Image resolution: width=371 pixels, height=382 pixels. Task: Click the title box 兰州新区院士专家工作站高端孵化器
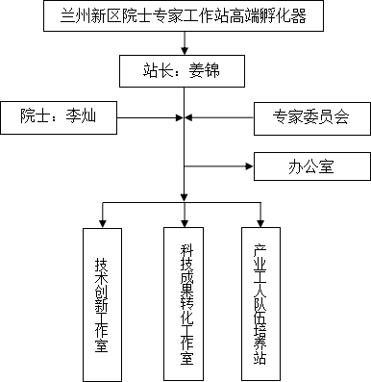[184, 15]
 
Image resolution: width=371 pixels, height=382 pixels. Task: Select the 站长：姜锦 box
[182, 71]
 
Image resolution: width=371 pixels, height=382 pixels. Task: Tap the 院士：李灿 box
[59, 117]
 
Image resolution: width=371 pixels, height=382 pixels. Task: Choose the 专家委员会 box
[312, 118]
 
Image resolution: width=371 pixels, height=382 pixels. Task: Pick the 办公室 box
[312, 166]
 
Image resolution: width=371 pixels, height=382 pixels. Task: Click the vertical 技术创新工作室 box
[102, 305]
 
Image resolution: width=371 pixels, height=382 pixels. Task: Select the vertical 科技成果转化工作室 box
[184, 304]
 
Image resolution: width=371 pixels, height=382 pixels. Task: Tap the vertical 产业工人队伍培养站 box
[260, 304]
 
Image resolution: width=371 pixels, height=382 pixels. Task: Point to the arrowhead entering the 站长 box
[185, 51]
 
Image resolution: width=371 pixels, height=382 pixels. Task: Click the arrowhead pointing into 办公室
[249, 166]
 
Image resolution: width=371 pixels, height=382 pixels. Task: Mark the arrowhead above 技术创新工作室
[103, 224]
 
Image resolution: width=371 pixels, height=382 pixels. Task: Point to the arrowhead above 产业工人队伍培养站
[260, 223]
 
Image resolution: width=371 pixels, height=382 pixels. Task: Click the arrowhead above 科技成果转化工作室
[185, 223]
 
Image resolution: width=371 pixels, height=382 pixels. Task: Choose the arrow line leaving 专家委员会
[219, 117]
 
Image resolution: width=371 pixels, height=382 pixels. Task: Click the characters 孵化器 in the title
[283, 15]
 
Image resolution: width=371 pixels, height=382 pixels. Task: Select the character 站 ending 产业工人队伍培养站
[260, 358]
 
